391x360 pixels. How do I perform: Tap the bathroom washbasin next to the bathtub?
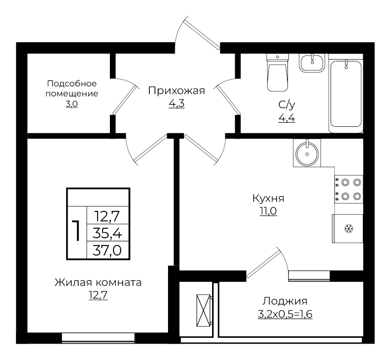[312, 62]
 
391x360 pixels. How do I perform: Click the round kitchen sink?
[307, 153]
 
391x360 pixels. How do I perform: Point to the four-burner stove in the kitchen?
[349, 190]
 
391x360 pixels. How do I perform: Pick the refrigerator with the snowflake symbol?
[348, 229]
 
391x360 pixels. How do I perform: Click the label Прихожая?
[177, 91]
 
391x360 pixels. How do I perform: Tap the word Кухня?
[268, 199]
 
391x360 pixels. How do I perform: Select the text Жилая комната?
[98, 282]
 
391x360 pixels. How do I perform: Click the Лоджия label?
[285, 301]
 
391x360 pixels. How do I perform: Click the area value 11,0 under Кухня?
[268, 211]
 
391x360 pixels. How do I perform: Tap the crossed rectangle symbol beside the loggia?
[204, 310]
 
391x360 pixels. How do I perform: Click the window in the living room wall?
[98, 337]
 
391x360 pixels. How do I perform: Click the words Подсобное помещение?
[72, 89]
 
